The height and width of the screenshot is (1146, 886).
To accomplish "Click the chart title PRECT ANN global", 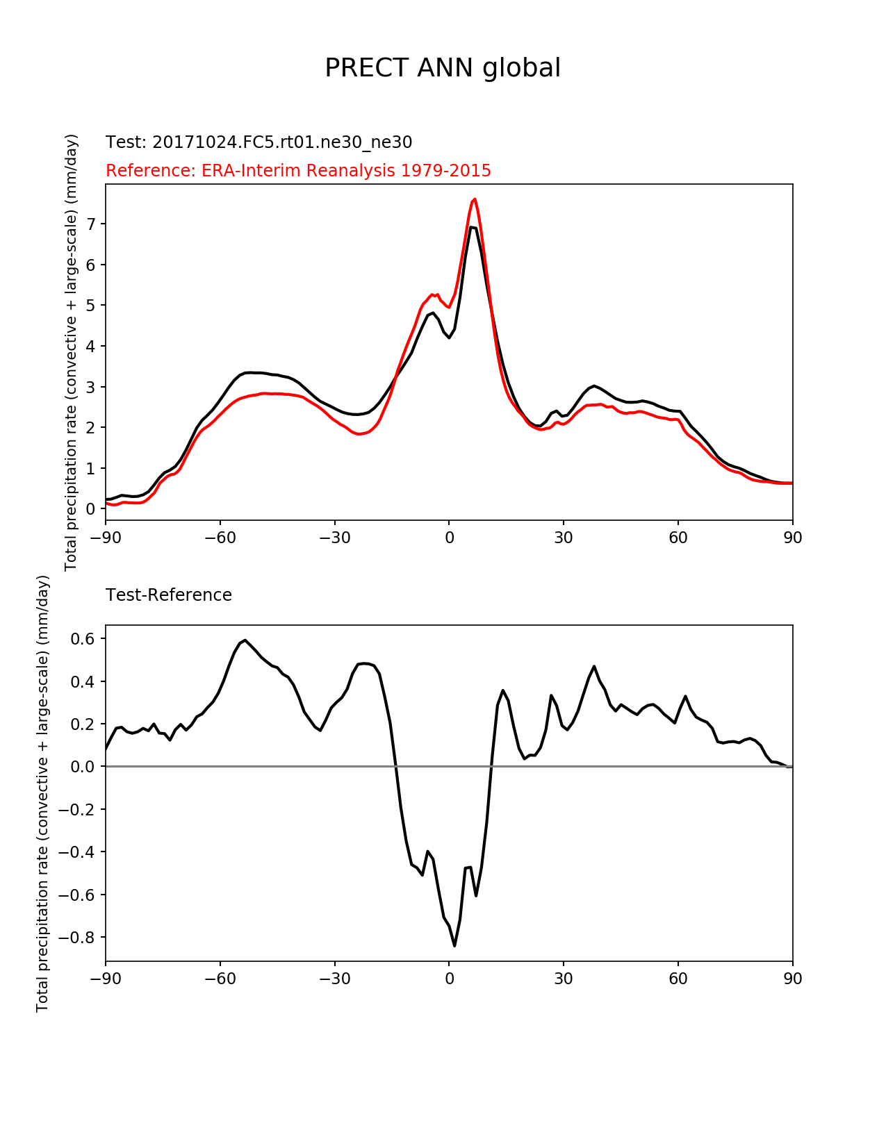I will pyautogui.click(x=443, y=68).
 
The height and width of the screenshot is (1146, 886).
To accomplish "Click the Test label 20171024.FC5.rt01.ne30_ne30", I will pyautogui.click(x=259, y=142).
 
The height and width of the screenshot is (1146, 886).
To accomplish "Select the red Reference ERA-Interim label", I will pyautogui.click(x=298, y=171).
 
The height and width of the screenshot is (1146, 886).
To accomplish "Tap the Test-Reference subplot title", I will pyautogui.click(x=169, y=595).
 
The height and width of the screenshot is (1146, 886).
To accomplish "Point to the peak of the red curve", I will pyautogui.click(x=475, y=199).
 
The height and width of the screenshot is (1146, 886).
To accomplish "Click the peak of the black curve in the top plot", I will pyautogui.click(x=472, y=227).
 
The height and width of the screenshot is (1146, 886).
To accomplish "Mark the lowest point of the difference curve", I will pyautogui.click(x=454, y=945).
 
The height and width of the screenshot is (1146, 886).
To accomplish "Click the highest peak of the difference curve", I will pyautogui.click(x=245, y=640).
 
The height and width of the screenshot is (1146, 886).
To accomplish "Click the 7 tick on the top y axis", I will pyautogui.click(x=91, y=224).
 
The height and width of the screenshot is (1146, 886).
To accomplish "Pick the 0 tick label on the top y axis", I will pyautogui.click(x=91, y=509).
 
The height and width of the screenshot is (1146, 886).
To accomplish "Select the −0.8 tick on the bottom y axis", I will pyautogui.click(x=77, y=937).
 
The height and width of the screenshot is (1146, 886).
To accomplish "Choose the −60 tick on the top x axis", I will pyautogui.click(x=220, y=538).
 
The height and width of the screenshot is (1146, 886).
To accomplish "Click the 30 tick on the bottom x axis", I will pyautogui.click(x=564, y=979).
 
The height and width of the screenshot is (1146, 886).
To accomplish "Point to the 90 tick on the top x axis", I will pyautogui.click(x=792, y=538).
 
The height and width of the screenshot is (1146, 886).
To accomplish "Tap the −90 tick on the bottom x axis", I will pyautogui.click(x=106, y=979).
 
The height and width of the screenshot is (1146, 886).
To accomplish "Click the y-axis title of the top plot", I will pyautogui.click(x=71, y=352).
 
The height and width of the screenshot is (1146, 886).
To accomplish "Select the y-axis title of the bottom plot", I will pyautogui.click(x=43, y=793).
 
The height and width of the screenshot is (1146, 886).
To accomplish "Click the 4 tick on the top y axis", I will pyautogui.click(x=91, y=346).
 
